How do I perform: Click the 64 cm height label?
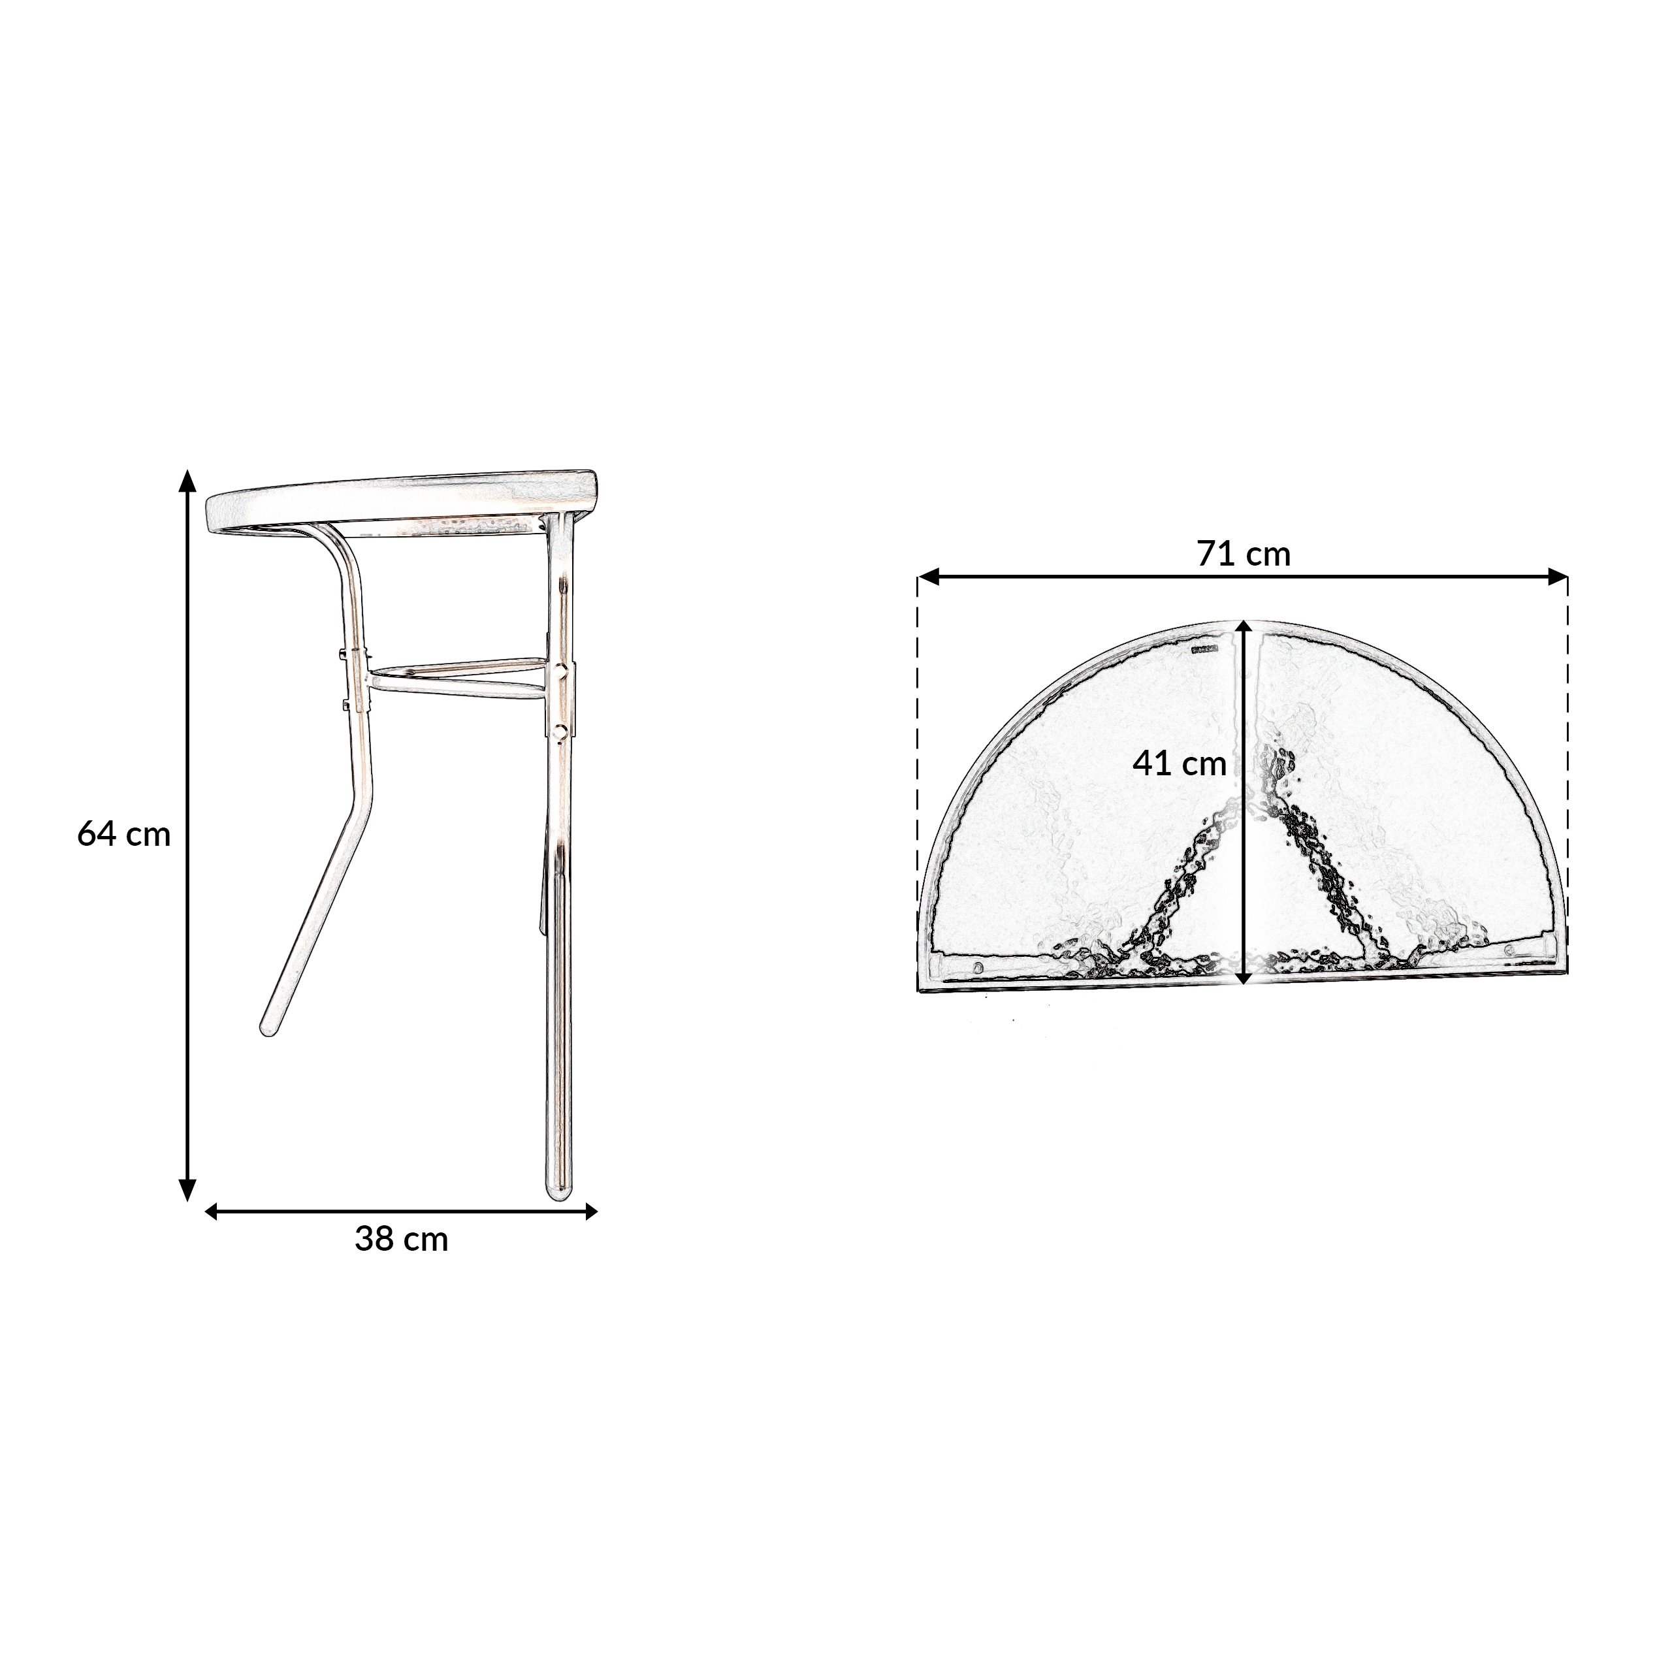tap(123, 834)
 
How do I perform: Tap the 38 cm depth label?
tap(402, 1239)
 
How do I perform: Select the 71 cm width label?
tap(1244, 554)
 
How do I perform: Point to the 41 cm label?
tap(1180, 764)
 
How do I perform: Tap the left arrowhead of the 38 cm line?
tap(210, 1212)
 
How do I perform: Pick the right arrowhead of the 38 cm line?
tap(591, 1212)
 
